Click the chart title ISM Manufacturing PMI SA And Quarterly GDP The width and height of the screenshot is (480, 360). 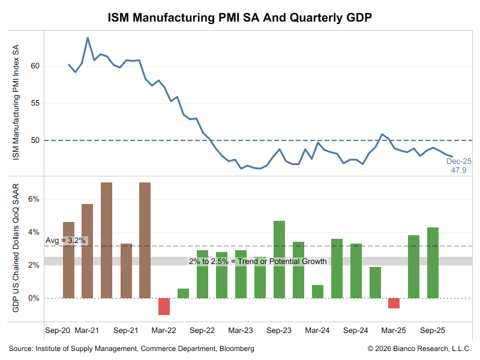click(x=240, y=17)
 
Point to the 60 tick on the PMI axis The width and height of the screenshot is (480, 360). click(x=35, y=65)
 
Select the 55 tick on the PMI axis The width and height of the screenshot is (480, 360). click(x=35, y=103)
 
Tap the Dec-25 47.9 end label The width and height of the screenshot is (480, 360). click(x=458, y=166)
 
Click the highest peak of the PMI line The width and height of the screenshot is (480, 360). click(x=88, y=38)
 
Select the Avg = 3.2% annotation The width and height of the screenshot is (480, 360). click(x=66, y=241)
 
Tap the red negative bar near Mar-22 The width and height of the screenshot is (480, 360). click(x=164, y=306)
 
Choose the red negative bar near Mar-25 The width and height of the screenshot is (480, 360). click(x=394, y=303)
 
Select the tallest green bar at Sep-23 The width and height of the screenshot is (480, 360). click(x=279, y=259)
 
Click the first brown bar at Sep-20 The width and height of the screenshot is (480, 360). click(x=68, y=260)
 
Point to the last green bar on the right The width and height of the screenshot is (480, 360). click(x=433, y=263)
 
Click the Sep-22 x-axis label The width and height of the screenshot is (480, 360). click(x=202, y=331)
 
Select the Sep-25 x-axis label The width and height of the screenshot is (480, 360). click(x=431, y=331)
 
